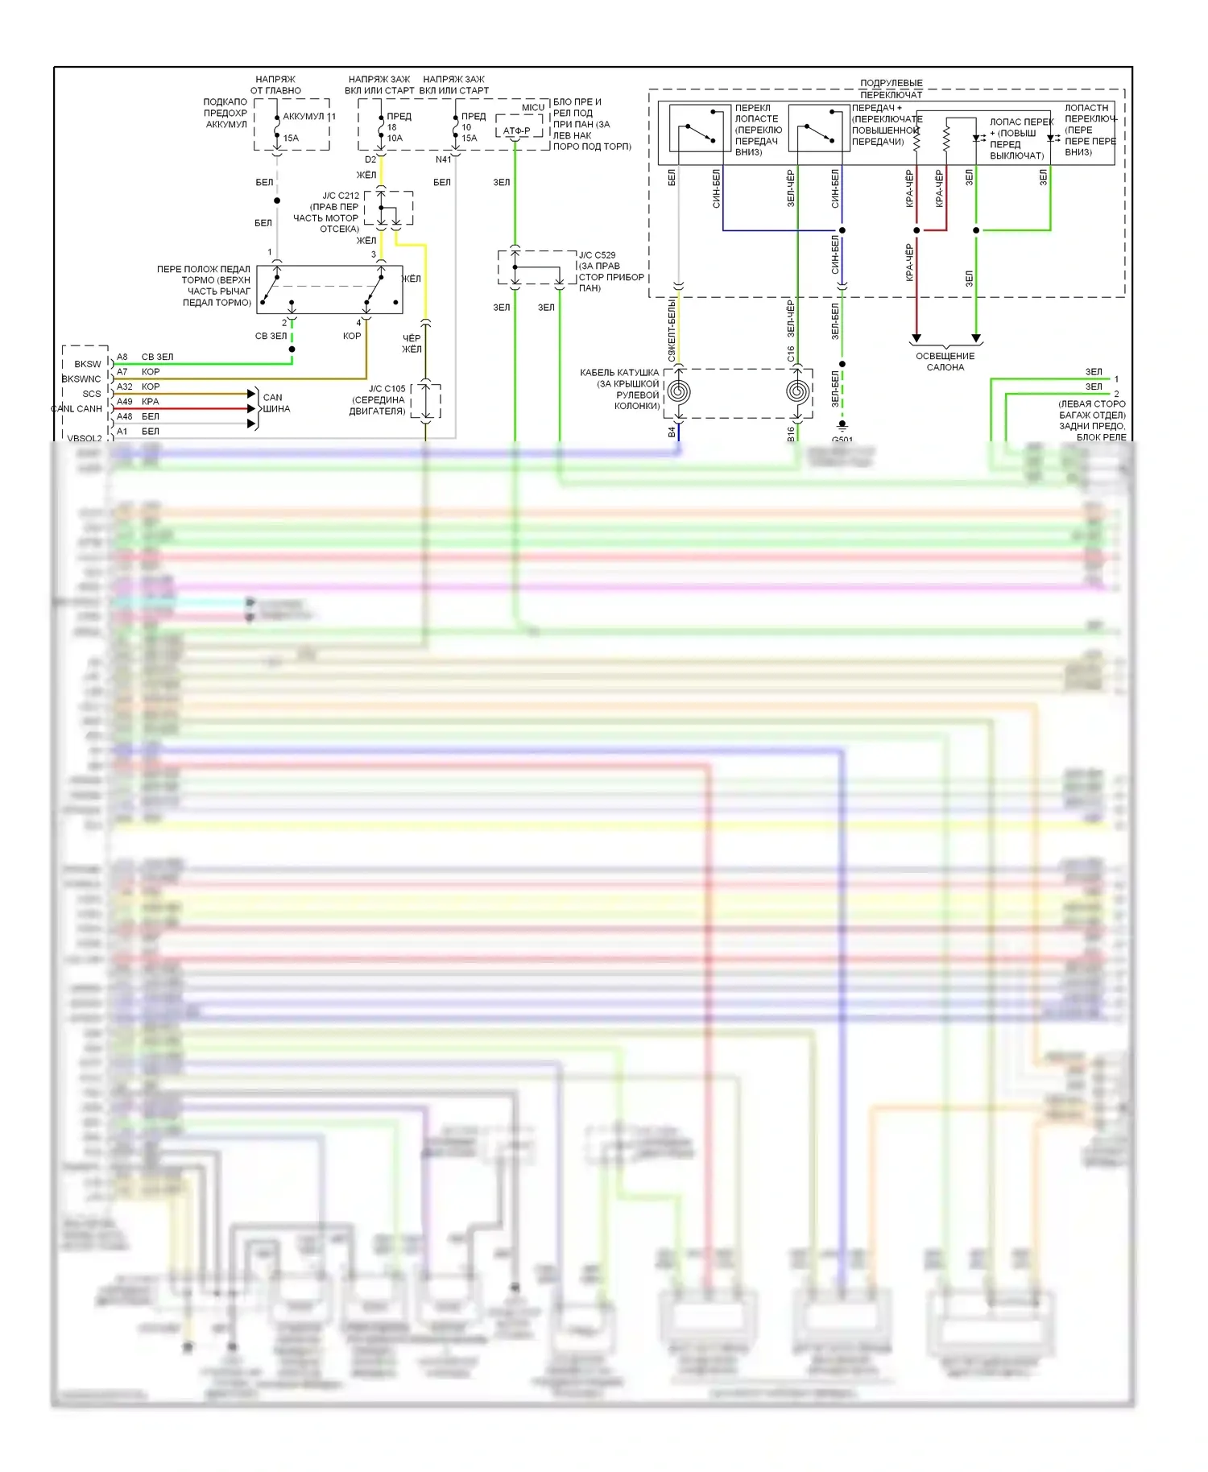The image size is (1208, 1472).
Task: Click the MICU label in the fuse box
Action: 532,107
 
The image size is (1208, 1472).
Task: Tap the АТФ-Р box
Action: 516,130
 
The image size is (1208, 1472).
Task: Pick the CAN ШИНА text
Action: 275,403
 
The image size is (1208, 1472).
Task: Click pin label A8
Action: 122,357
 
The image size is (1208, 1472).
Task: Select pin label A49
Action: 125,401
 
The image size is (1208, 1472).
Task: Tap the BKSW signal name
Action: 88,364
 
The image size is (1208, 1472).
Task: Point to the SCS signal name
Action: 92,394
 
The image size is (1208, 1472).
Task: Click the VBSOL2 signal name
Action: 85,439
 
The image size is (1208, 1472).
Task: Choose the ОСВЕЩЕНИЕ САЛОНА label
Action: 945,362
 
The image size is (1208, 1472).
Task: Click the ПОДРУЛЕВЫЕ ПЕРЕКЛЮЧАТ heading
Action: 891,89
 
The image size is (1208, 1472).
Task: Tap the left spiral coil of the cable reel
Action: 679,392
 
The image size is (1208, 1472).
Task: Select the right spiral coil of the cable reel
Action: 797,392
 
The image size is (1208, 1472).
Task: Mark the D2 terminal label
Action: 370,159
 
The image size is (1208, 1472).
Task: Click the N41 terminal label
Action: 443,159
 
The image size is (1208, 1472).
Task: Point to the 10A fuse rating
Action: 395,138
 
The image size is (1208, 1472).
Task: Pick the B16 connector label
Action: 791,434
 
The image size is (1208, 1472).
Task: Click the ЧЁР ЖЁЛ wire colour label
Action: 412,344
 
